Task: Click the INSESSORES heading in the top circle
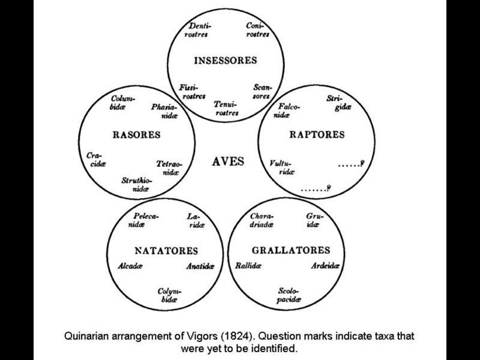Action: (225, 60)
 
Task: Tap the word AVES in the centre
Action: (228, 161)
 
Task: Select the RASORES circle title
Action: (136, 135)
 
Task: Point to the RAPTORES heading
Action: (317, 134)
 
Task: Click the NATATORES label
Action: (165, 250)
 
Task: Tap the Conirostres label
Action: (256, 30)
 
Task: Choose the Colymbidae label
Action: (169, 295)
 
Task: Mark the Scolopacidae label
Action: (289, 295)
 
